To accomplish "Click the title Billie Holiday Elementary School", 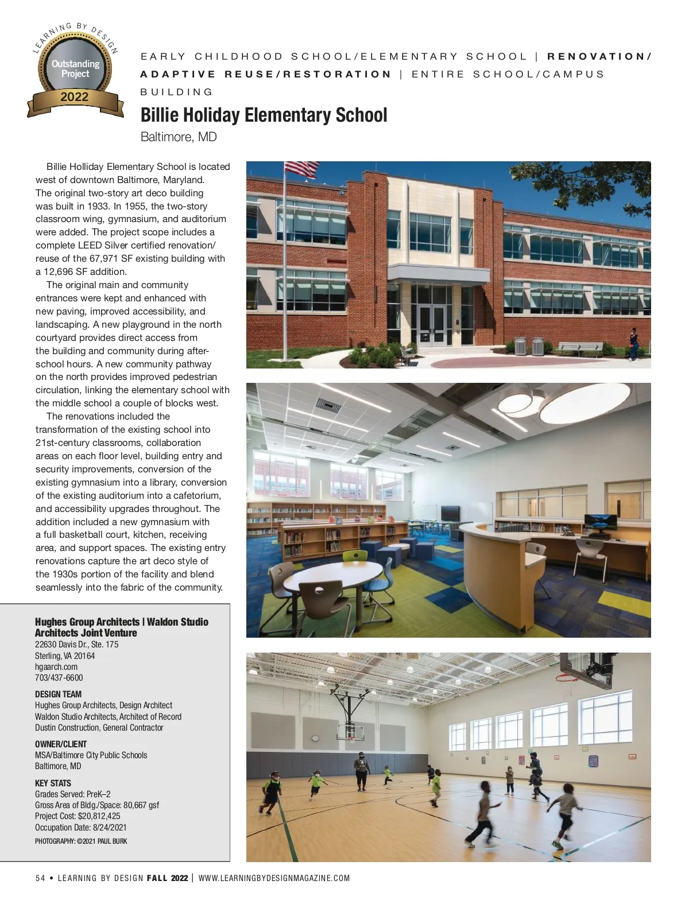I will (x=264, y=115).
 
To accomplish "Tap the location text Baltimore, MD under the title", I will (x=179, y=137).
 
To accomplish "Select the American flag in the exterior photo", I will (x=301, y=169).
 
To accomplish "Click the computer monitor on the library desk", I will (x=600, y=522).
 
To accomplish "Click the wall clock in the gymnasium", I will (x=315, y=738).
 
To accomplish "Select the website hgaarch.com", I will (x=56, y=667).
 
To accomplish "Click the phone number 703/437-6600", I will (x=59, y=678).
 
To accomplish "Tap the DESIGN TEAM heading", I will (x=58, y=694).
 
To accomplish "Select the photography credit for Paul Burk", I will (x=81, y=841).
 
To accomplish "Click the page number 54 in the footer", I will (x=40, y=878).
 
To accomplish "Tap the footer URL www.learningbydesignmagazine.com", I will (x=274, y=878).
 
